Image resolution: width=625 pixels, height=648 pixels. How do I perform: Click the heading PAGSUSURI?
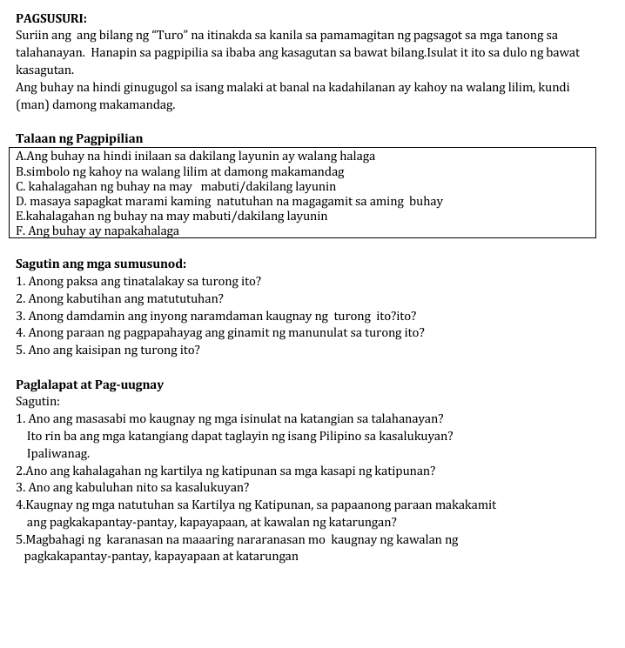point(51,17)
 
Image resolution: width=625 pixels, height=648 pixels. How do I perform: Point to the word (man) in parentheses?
point(32,105)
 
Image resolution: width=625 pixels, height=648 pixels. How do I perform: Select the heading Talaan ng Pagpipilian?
point(79,138)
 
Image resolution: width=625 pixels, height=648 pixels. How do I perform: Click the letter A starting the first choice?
point(20,157)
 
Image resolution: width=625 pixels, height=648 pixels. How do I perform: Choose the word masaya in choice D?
point(49,202)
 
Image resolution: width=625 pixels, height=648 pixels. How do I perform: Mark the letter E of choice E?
point(20,217)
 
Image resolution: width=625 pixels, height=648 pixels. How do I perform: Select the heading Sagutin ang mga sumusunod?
point(101,264)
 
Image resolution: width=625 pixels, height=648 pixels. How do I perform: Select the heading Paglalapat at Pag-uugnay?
point(90,384)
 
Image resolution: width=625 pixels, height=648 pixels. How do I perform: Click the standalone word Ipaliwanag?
point(58,453)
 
